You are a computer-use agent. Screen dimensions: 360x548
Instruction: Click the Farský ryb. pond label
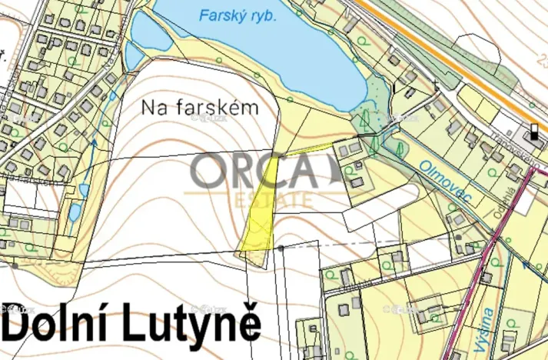[237, 15]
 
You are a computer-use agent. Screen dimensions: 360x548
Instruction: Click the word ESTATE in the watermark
[274, 198]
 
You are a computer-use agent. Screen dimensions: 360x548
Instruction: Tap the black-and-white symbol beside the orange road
[533, 132]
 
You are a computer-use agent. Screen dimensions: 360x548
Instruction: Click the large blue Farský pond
[261, 54]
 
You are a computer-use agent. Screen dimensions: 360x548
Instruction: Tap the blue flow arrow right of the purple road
[526, 264]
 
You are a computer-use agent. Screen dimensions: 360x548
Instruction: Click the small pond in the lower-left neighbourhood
[74, 212]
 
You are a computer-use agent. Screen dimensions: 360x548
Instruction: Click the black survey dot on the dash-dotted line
[282, 248]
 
